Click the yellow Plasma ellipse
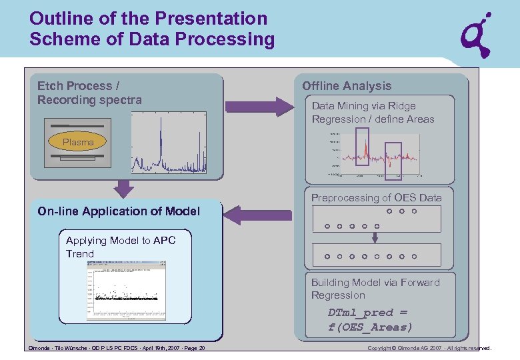tap(78, 142)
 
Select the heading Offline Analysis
tap(347, 86)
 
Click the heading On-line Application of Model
tap(119, 211)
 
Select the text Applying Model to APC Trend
tap(121, 247)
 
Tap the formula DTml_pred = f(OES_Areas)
tap(370, 320)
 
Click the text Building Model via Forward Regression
tap(375, 289)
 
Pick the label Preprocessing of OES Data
tap(376, 198)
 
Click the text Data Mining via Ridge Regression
tap(373, 113)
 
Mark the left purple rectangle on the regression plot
tap(362, 146)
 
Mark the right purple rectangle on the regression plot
tap(394, 161)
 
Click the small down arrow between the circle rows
tap(377, 236)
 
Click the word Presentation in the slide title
tap(214, 19)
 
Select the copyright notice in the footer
tap(429, 348)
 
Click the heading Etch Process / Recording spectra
tap(89, 93)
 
